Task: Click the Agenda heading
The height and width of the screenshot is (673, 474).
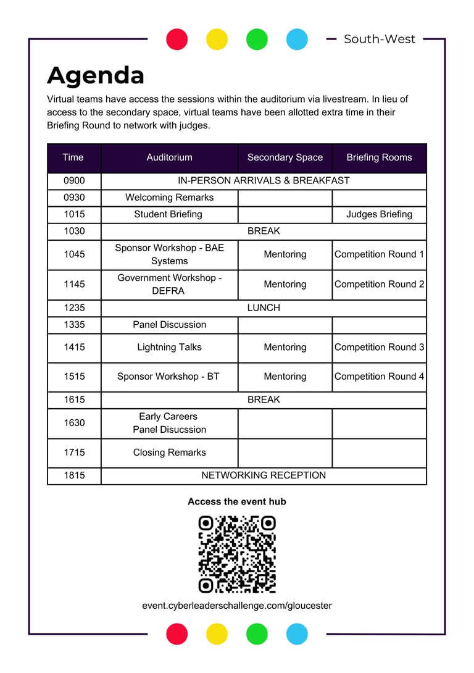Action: click(96, 75)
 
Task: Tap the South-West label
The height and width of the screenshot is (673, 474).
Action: click(380, 39)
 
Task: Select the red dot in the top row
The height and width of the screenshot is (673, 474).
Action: click(177, 39)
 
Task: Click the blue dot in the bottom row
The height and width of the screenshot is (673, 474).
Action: click(297, 633)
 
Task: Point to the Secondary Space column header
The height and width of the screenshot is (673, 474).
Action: click(285, 157)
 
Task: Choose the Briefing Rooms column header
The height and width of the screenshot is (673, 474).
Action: click(379, 157)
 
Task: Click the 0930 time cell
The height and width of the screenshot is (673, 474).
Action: click(74, 198)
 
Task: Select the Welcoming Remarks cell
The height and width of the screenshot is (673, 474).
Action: click(169, 198)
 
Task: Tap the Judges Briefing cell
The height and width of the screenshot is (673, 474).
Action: click(379, 214)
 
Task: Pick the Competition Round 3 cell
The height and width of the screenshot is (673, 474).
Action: click(379, 347)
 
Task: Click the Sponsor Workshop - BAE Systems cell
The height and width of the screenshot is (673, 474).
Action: click(169, 254)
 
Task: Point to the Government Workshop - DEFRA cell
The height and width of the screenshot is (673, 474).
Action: click(169, 285)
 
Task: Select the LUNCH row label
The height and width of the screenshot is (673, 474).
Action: click(264, 307)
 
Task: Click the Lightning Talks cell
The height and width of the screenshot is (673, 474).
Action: click(169, 347)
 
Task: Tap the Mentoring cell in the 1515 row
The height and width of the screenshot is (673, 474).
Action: click(285, 377)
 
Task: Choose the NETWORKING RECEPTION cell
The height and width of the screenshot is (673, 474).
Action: click(264, 475)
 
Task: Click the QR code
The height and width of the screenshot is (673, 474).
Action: click(237, 554)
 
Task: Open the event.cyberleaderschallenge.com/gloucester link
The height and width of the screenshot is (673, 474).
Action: click(237, 606)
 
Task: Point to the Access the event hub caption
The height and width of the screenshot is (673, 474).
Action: click(237, 502)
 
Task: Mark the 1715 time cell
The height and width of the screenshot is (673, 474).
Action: click(74, 453)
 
